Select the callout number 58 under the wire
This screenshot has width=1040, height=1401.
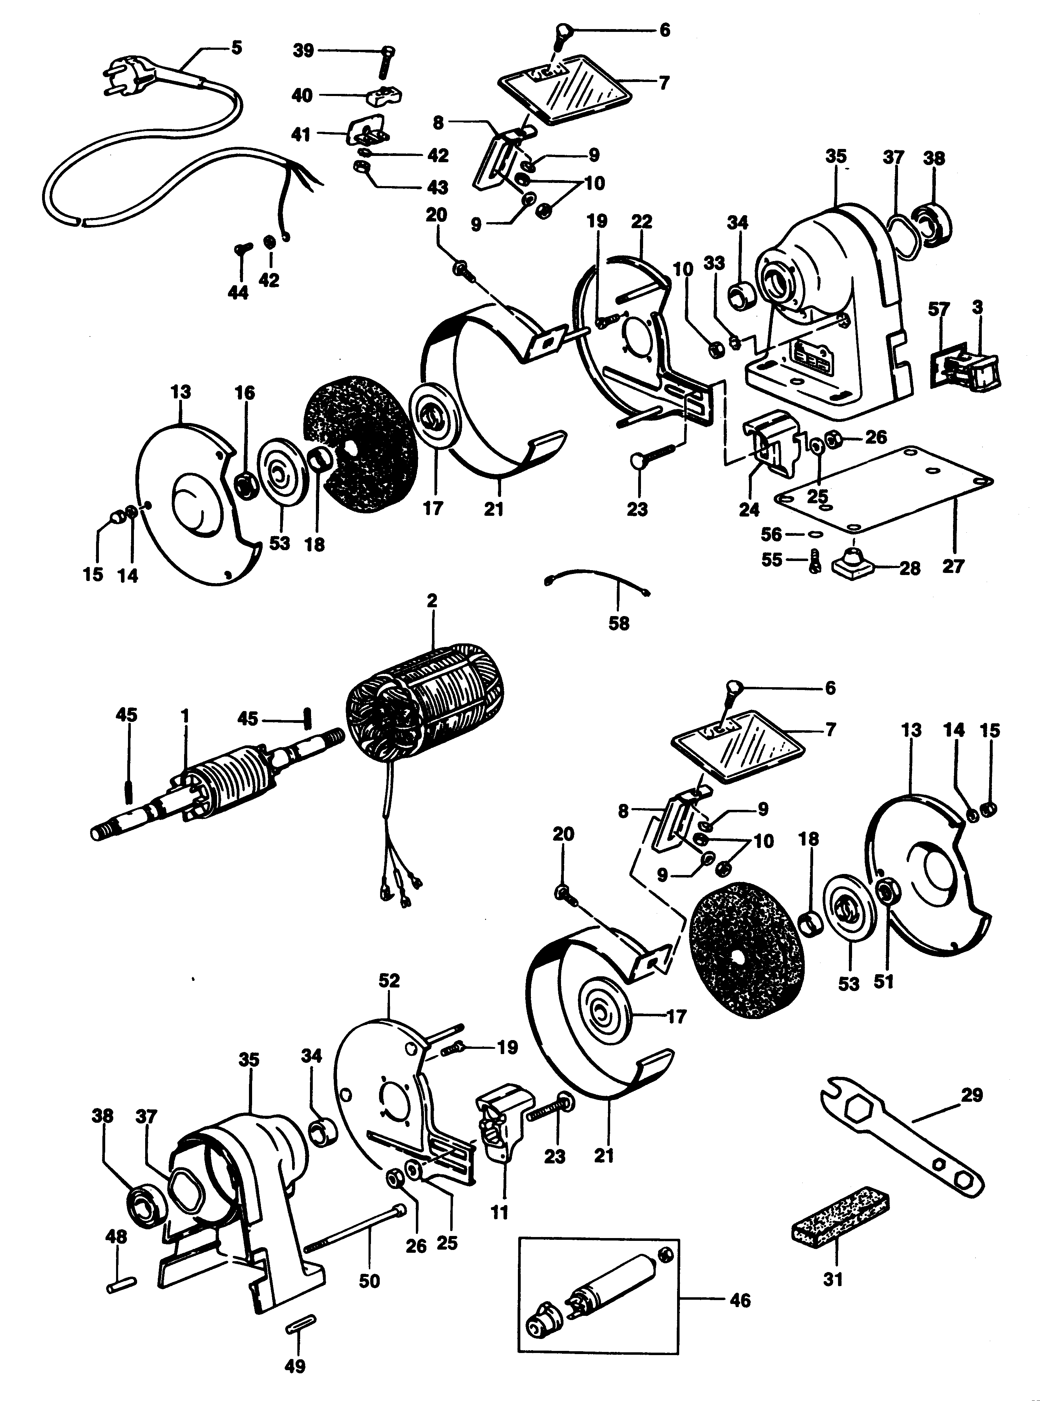(x=619, y=623)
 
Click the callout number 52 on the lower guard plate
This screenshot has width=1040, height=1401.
(x=389, y=980)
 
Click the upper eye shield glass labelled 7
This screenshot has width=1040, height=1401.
(x=567, y=94)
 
